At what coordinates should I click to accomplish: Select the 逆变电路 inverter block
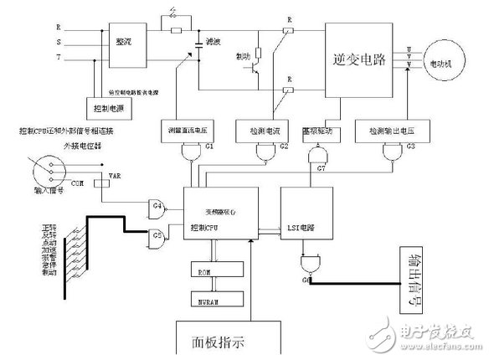pyautogui.click(x=362, y=60)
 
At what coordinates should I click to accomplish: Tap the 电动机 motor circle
pyautogui.click(x=448, y=62)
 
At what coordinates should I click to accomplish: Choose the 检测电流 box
pyautogui.click(x=272, y=131)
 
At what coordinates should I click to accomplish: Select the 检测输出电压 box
pyautogui.click(x=391, y=131)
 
